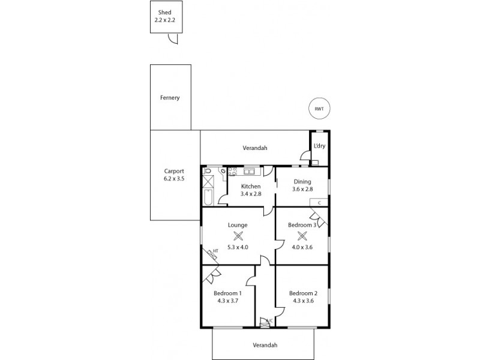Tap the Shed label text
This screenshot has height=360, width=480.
(x=164, y=12)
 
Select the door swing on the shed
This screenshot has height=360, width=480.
(x=173, y=39)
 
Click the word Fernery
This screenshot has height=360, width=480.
(x=170, y=98)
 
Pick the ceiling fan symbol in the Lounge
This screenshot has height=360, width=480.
(x=238, y=236)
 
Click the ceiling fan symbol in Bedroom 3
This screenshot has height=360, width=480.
(x=302, y=236)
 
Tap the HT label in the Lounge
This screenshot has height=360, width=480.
(x=214, y=252)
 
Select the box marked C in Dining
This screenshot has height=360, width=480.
(x=319, y=202)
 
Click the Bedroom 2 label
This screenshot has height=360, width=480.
(x=302, y=293)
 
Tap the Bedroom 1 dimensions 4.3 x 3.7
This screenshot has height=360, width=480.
(x=227, y=301)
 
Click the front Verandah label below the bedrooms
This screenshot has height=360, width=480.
(x=263, y=345)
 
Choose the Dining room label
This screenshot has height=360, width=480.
(x=302, y=182)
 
